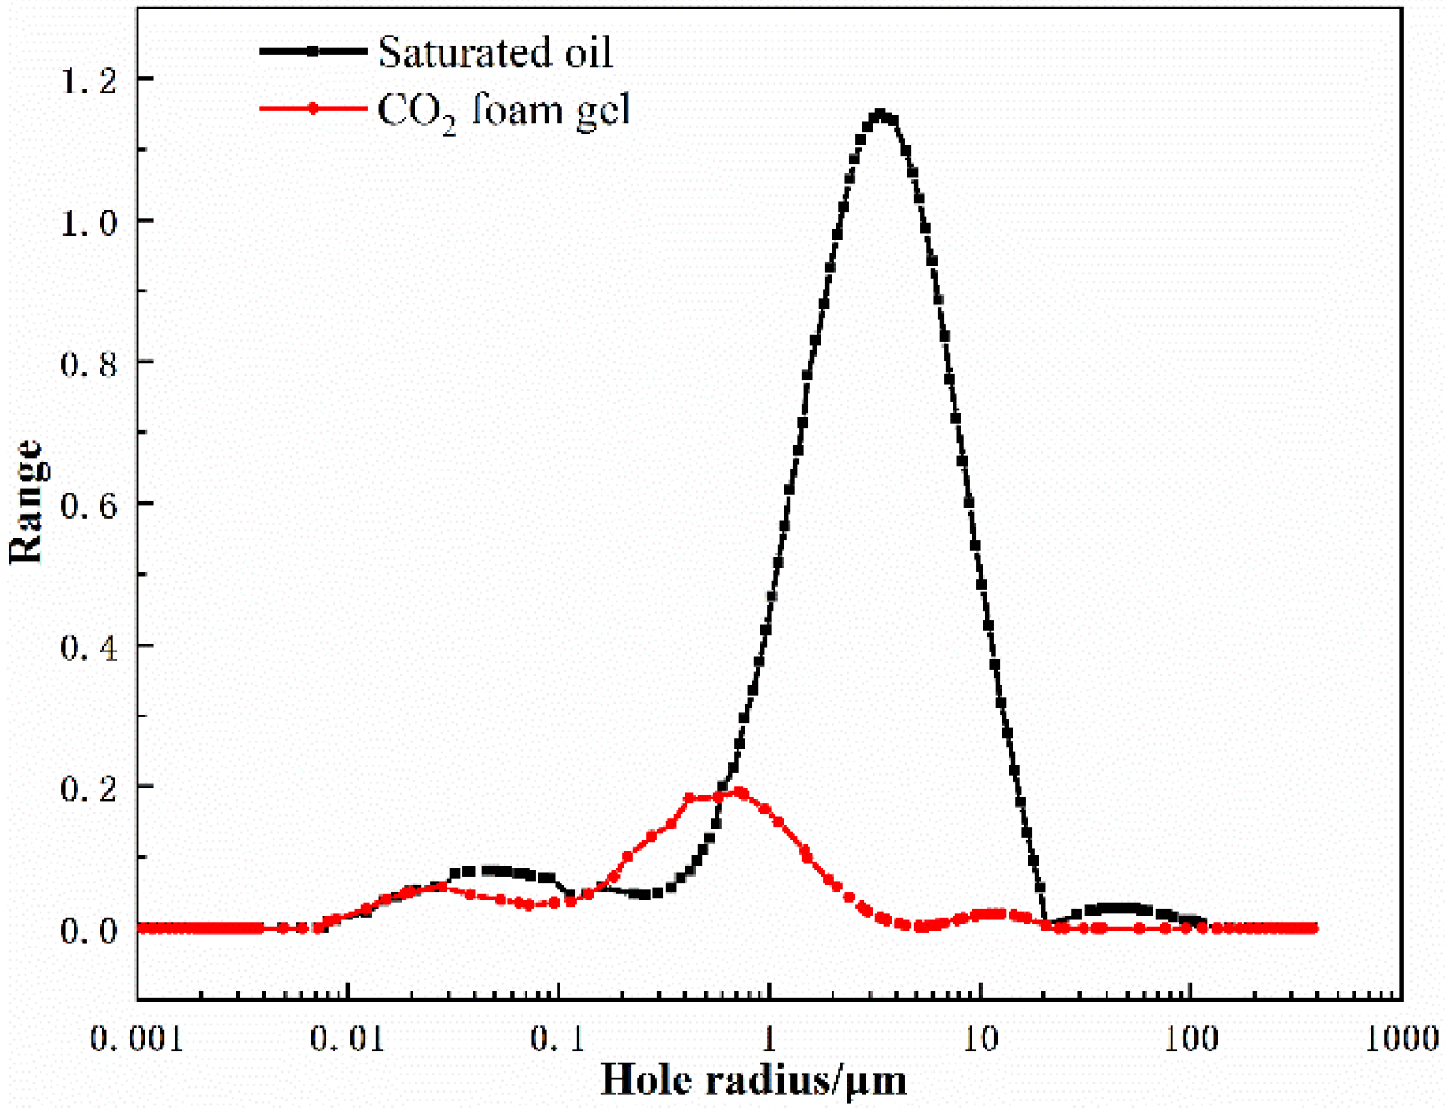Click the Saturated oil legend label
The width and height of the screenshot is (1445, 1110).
(x=495, y=53)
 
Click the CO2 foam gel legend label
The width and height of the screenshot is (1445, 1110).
(x=504, y=110)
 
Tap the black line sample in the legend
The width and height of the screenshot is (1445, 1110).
(x=313, y=51)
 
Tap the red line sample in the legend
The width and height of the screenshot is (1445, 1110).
(x=313, y=108)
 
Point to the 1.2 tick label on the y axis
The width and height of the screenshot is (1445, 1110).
(x=89, y=80)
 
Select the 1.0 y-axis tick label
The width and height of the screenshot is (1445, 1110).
(x=89, y=222)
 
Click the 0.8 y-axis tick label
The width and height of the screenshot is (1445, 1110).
(x=89, y=364)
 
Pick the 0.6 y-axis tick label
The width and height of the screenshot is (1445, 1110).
(x=89, y=505)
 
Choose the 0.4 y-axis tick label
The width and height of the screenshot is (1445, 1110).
(x=89, y=647)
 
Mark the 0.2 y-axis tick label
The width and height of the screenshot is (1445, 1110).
(x=89, y=788)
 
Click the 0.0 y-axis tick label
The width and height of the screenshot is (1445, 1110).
(x=89, y=930)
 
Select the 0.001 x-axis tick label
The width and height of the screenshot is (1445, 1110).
(x=137, y=1039)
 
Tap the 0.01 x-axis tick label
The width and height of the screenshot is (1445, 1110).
(x=348, y=1039)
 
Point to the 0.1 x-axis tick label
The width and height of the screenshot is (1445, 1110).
(x=558, y=1039)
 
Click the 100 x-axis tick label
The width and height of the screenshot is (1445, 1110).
(x=1190, y=1039)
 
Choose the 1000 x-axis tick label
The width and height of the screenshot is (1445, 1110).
(x=1402, y=1039)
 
